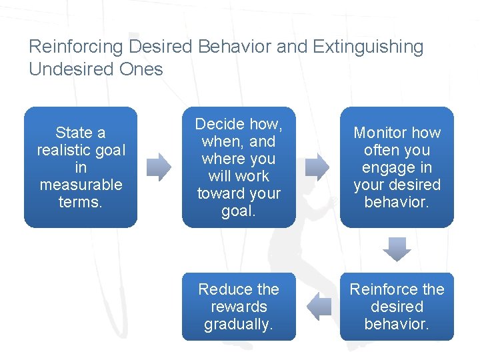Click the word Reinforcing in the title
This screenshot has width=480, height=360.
(x=77, y=47)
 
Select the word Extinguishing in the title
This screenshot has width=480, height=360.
(x=368, y=47)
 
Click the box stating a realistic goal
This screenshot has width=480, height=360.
(x=81, y=167)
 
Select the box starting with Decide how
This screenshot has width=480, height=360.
(x=239, y=167)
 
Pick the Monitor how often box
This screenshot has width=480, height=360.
(x=397, y=167)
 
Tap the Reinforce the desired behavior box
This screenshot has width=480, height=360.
(x=397, y=307)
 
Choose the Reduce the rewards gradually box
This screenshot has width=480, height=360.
(x=239, y=307)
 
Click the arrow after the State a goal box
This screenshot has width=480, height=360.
(x=159, y=167)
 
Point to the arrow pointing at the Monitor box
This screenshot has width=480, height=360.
(x=317, y=167)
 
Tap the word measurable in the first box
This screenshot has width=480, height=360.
(x=81, y=185)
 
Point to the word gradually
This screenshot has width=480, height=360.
(x=239, y=324)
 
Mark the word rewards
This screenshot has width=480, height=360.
(x=239, y=307)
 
